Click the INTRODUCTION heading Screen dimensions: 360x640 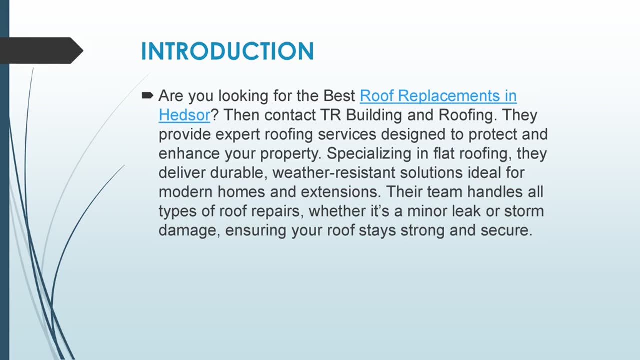[227, 51]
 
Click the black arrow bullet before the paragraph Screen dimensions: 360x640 [147, 95]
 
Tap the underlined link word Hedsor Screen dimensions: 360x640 [184, 115]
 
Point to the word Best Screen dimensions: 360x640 [339, 95]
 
